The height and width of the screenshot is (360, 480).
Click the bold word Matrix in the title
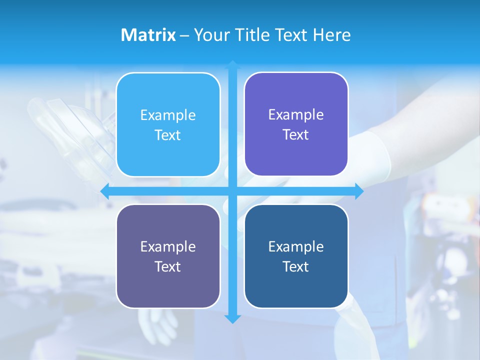pyautogui.click(x=148, y=35)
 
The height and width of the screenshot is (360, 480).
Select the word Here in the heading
pyautogui.click(x=331, y=35)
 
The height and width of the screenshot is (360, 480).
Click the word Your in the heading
pyautogui.click(x=209, y=35)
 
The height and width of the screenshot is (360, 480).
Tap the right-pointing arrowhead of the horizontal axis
pyautogui.click(x=359, y=191)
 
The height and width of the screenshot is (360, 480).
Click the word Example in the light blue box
pyautogui.click(x=168, y=115)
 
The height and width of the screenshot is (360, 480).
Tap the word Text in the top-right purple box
pyautogui.click(x=296, y=135)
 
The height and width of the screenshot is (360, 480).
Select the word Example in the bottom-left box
pyautogui.click(x=168, y=246)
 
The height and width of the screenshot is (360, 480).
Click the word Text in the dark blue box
pyautogui.click(x=296, y=266)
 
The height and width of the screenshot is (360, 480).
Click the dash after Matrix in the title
pyautogui.click(x=184, y=35)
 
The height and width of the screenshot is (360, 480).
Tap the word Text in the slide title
pyautogui.click(x=290, y=35)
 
